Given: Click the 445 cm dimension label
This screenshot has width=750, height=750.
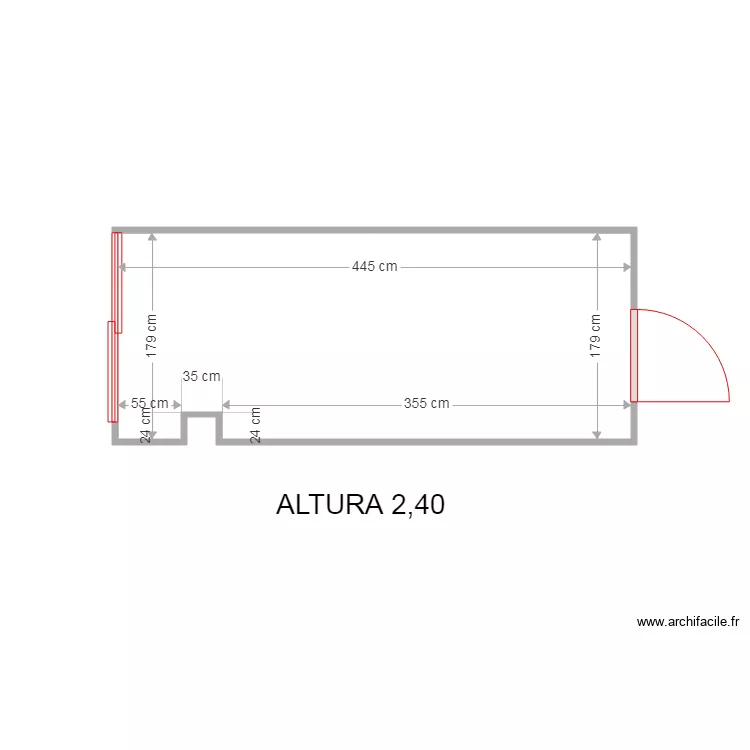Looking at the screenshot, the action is [x=375, y=266].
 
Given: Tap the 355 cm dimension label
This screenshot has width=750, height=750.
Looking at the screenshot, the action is [x=427, y=403].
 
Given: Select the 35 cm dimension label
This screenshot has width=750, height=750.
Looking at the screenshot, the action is [x=201, y=376].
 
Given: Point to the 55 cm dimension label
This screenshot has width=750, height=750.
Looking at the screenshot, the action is [x=150, y=403].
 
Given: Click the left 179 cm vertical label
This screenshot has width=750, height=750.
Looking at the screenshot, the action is [x=151, y=336].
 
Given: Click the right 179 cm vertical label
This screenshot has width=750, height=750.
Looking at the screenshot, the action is [x=595, y=336].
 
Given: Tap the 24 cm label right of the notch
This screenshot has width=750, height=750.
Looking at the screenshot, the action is [x=255, y=425].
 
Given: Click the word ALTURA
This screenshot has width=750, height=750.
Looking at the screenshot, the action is [x=330, y=504].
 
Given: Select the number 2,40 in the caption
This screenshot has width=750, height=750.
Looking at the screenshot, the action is [x=418, y=505].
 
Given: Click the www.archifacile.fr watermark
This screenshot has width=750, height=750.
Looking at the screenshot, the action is [x=688, y=622].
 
